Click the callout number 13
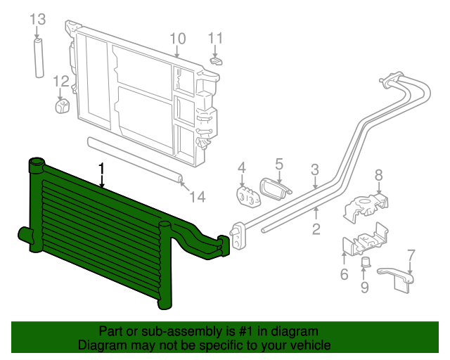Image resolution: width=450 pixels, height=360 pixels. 37,18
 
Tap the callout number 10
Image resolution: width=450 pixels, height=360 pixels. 177,38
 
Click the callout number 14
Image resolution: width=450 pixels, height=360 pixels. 198,198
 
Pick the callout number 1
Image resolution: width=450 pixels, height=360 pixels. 103,169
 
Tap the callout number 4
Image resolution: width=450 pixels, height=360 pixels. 242,168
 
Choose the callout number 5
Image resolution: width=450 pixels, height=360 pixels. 279,164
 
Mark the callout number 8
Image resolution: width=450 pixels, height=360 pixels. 378,175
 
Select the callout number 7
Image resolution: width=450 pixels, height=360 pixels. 411,255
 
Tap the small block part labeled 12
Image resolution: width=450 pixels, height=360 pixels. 61,105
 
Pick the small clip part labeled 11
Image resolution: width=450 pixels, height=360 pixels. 217,60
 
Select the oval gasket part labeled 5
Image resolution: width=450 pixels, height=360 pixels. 274,188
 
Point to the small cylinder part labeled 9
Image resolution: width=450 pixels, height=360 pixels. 365,262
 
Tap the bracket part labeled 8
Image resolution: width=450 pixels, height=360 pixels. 368,205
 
